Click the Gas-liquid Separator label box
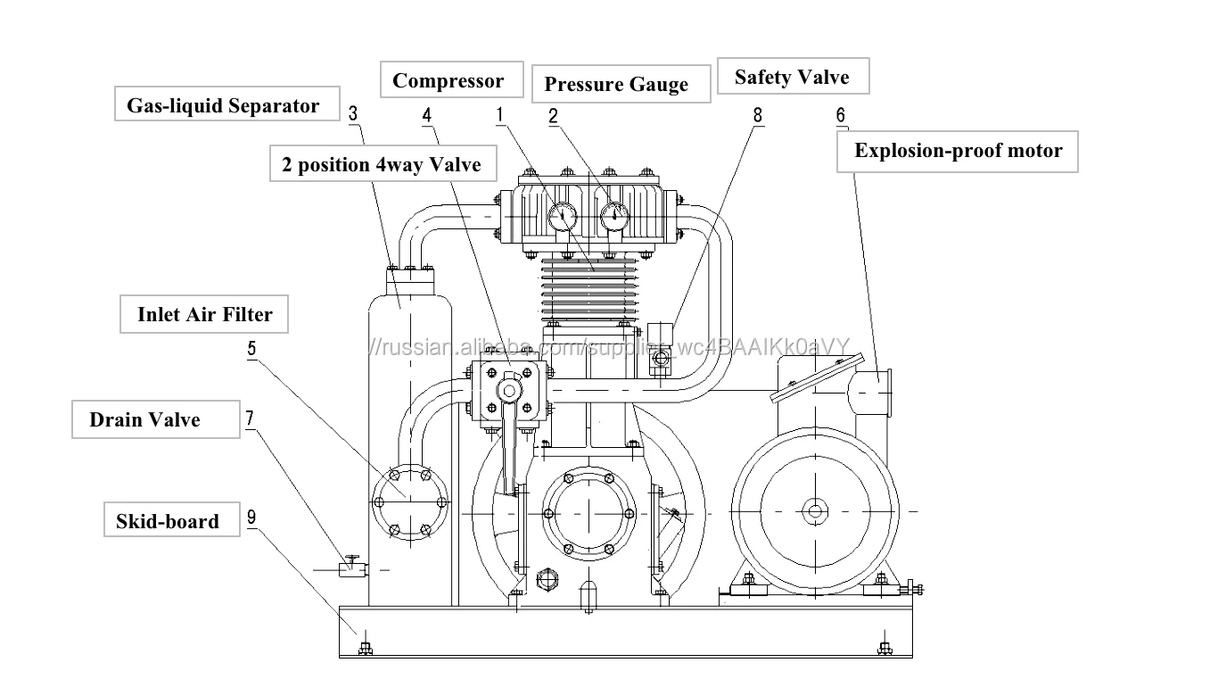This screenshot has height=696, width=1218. [x=226, y=104]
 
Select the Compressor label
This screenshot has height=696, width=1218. [x=451, y=79]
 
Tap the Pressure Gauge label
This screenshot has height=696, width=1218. [x=621, y=84]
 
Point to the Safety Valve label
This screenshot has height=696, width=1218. [x=793, y=76]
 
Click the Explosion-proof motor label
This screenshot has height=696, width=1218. [x=957, y=152]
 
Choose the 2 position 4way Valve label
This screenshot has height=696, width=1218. [x=383, y=163]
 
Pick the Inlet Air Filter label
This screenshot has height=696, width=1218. [x=204, y=314]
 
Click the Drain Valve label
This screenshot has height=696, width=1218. [x=155, y=419]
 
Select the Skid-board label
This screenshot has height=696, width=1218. [x=172, y=519]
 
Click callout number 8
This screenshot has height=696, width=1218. [x=757, y=115]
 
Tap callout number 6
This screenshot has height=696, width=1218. [x=841, y=115]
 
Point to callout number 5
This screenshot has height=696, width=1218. [x=251, y=348]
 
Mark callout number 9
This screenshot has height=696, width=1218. [x=251, y=517]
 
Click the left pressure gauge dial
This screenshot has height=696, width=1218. [x=562, y=217]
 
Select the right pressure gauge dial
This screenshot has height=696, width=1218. [x=614, y=217]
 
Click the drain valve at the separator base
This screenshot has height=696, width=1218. [x=352, y=567]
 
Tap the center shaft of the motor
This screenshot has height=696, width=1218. [x=815, y=511]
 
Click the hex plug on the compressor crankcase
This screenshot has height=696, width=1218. [x=547, y=579]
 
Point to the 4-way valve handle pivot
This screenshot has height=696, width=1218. [x=509, y=391]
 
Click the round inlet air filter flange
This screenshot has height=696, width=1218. [x=410, y=501]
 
